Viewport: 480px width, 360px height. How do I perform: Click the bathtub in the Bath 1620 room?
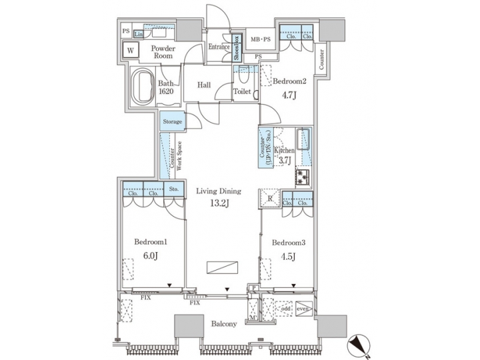click(x=141, y=87)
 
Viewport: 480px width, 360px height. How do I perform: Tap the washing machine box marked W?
click(x=130, y=50)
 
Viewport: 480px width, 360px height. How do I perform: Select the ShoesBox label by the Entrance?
click(x=237, y=49)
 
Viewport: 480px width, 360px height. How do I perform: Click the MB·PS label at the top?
click(x=259, y=41)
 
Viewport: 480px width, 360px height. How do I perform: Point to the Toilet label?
click(x=241, y=92)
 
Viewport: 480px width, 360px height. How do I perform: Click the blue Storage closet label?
click(x=171, y=122)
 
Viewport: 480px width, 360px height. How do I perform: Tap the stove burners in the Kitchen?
click(x=303, y=177)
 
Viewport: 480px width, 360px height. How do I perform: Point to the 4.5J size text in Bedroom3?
click(x=287, y=255)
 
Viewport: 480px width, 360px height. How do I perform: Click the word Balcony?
click(x=224, y=324)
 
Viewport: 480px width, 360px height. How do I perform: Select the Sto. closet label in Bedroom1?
click(x=173, y=189)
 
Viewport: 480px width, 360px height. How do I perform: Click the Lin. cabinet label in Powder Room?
click(x=139, y=34)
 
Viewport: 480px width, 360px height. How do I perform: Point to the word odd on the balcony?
click(x=285, y=309)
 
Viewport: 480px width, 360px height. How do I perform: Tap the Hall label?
click(x=205, y=86)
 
